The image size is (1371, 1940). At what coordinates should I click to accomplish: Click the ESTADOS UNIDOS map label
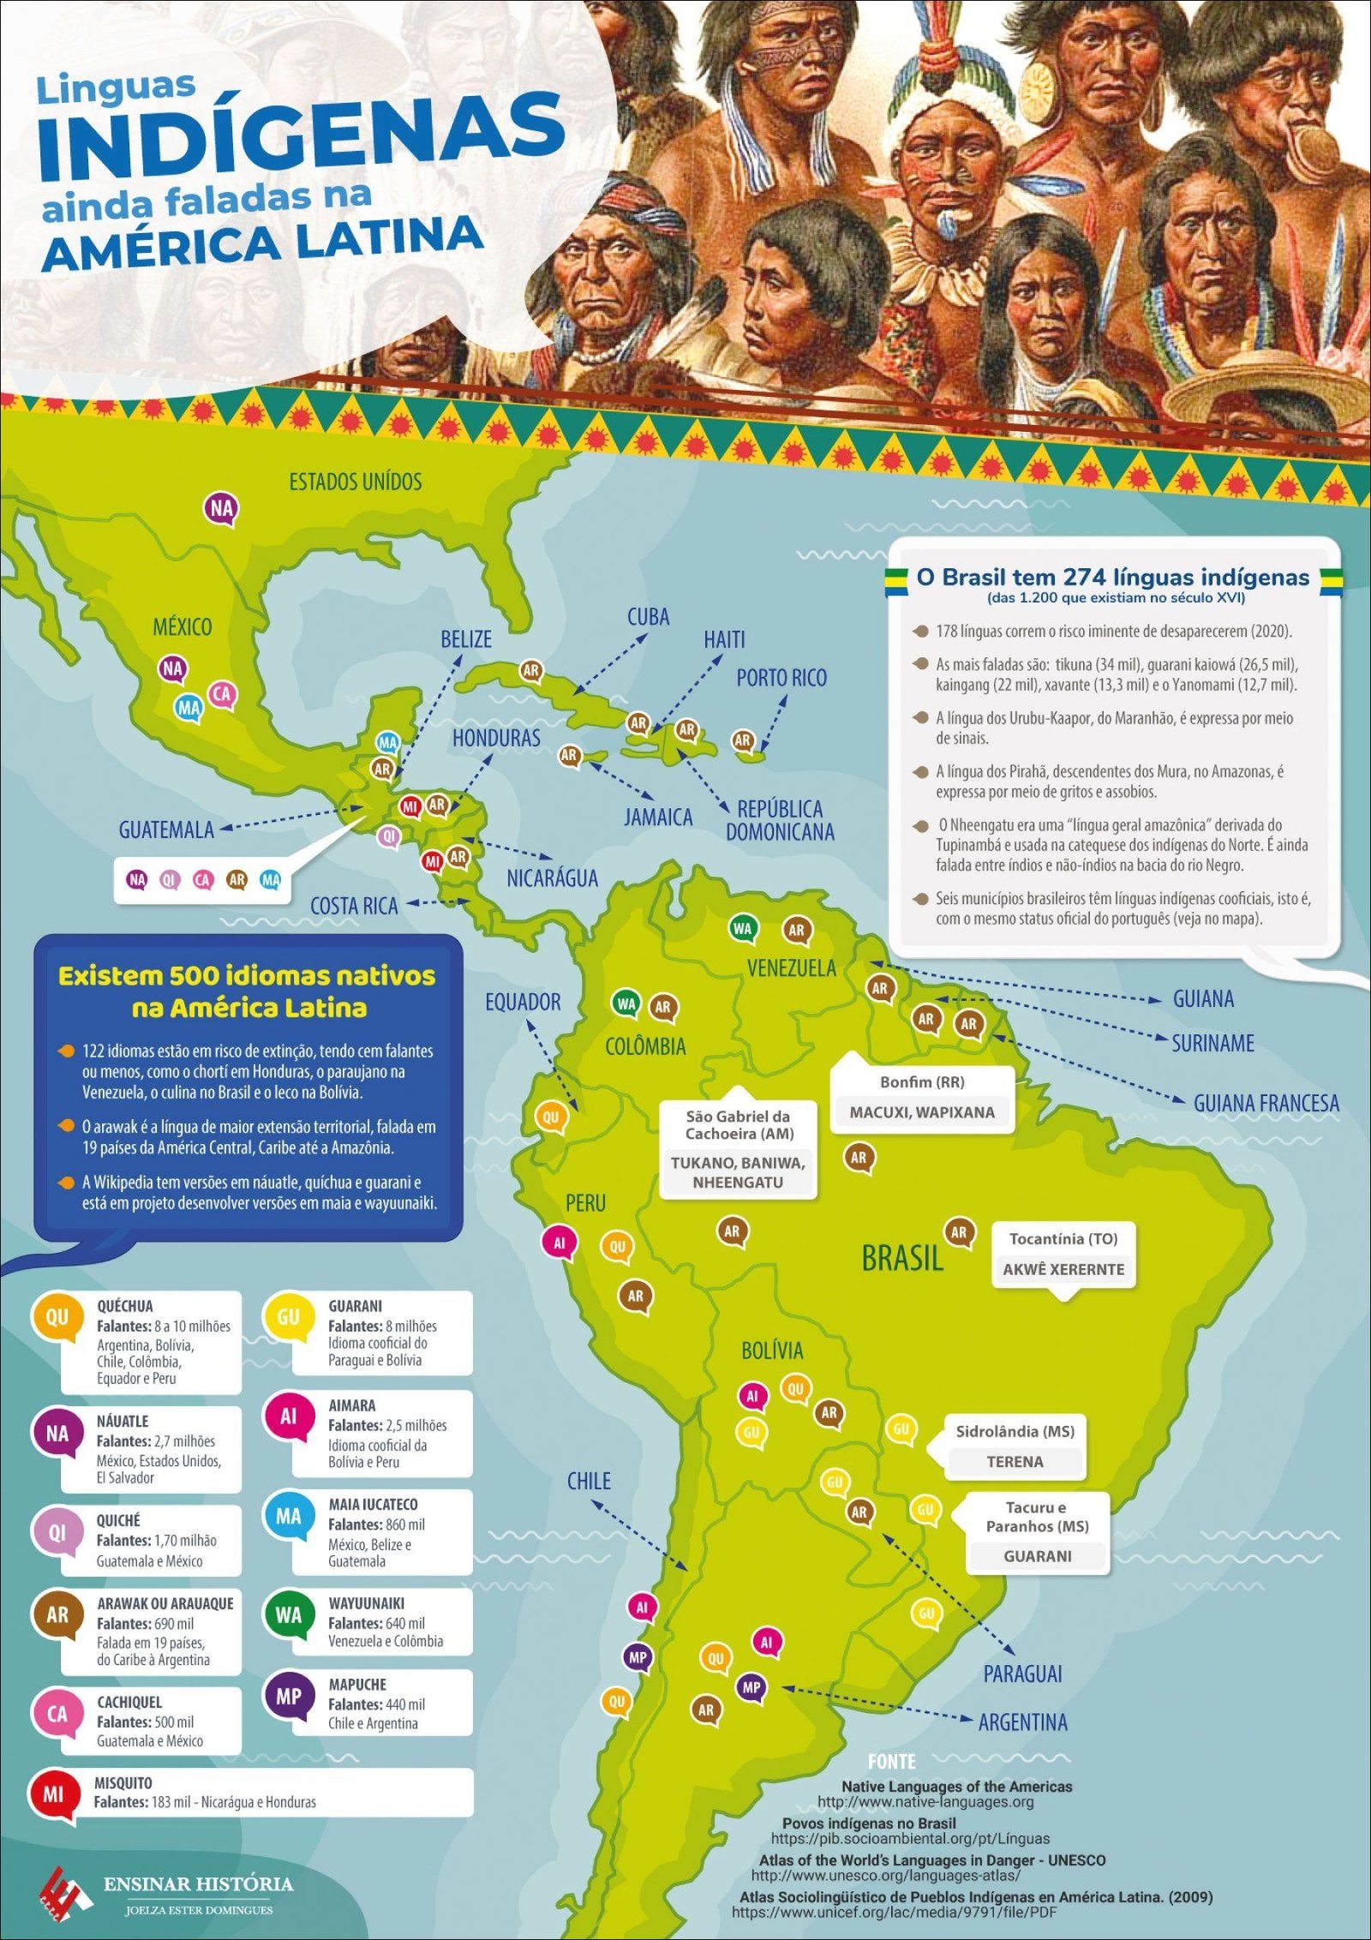pyautogui.click(x=355, y=482)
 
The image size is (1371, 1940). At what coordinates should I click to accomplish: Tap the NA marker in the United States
pyautogui.click(x=221, y=509)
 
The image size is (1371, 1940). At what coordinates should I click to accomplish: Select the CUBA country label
pyautogui.click(x=648, y=617)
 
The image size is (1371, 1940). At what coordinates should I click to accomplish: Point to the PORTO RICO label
pyautogui.click(x=781, y=678)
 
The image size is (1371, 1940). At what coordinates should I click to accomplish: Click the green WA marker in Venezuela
pyautogui.click(x=742, y=928)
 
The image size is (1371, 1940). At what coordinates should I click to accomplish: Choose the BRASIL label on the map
pyautogui.click(x=901, y=1259)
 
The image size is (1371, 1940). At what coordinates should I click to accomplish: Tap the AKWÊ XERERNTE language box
pyautogui.click(x=1063, y=1270)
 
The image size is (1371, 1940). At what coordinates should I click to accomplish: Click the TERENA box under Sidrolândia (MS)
pyautogui.click(x=1015, y=1462)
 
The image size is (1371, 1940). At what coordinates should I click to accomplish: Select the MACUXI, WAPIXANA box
pyautogui.click(x=922, y=1112)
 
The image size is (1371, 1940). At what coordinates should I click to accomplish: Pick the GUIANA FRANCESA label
pyautogui.click(x=1266, y=1104)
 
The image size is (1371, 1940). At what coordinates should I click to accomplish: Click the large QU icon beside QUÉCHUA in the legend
pyautogui.click(x=57, y=1318)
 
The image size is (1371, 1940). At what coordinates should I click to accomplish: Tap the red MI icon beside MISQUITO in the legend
pyautogui.click(x=53, y=1793)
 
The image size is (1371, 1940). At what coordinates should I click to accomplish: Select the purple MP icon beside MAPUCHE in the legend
pyautogui.click(x=288, y=1696)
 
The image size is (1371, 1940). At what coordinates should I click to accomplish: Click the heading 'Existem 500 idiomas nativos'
pyautogui.click(x=247, y=976)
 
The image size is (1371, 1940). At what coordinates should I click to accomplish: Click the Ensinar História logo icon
pyautogui.click(x=66, y=1888)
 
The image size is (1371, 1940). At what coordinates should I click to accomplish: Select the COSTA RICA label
pyautogui.click(x=354, y=906)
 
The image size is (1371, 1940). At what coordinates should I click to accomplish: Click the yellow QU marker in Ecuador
pyautogui.click(x=550, y=1117)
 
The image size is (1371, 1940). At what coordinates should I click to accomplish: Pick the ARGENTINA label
pyautogui.click(x=1022, y=1722)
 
